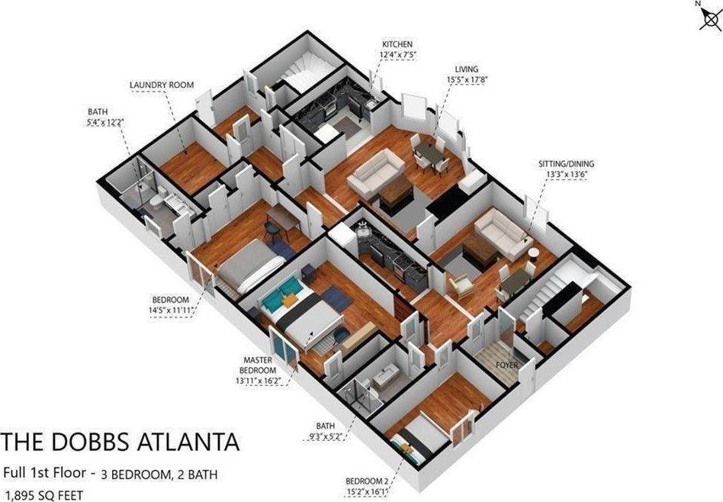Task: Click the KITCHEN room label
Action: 397,44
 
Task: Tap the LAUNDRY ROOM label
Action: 162,85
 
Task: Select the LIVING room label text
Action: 467,69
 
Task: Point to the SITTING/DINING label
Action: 566,164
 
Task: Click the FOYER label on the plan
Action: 506,365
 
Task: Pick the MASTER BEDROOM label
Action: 258,365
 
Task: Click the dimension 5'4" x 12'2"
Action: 106,122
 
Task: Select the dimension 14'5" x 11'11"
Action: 170,311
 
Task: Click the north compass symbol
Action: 710,18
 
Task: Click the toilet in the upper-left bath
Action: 157,201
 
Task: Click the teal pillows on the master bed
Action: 281,292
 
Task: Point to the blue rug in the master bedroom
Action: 337,298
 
